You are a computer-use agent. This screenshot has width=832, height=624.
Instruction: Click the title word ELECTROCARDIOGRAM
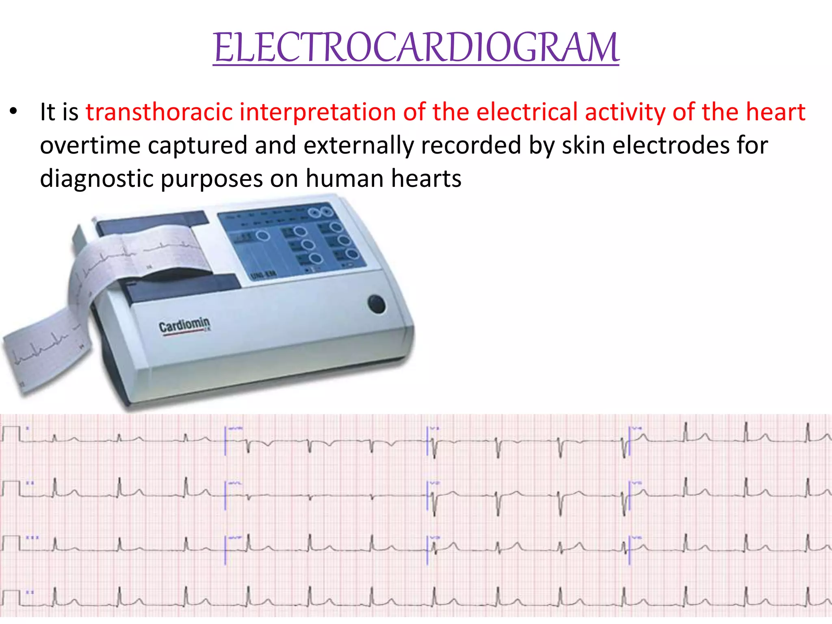pos(416,48)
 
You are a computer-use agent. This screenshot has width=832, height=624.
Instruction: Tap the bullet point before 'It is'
pos(14,111)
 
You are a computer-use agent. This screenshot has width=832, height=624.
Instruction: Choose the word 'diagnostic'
pos(96,179)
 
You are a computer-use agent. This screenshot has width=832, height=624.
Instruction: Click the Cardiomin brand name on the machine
pos(184,325)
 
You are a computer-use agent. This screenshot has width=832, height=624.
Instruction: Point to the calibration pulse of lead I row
pos(11,433)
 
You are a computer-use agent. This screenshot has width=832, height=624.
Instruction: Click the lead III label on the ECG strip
pos(32,537)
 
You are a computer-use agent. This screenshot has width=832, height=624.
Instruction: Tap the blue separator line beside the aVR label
pos(225,440)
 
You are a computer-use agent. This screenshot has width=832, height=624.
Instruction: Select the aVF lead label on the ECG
pos(235,537)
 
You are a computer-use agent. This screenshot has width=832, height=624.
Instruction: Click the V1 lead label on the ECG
pos(435,428)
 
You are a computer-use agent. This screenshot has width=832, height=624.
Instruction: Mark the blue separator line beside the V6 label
pos(629,549)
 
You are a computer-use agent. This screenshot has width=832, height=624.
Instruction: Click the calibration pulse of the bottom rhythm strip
pos(11,597)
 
